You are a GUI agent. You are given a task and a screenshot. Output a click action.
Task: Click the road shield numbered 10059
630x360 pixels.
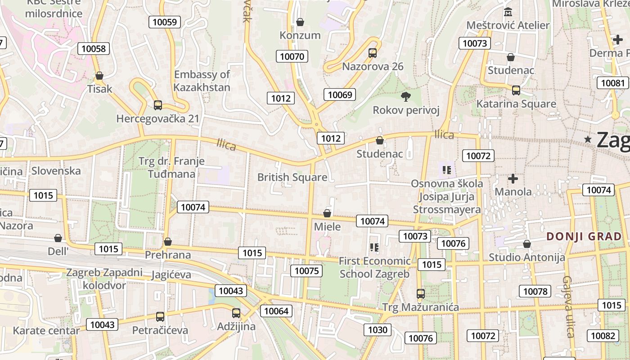tap(166, 22)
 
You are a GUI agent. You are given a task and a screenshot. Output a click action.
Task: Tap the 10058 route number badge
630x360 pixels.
tap(94, 49)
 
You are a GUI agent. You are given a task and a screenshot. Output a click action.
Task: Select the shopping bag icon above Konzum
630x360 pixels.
tap(300, 22)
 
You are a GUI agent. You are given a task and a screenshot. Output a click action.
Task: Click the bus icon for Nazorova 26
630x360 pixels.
tap(373, 53)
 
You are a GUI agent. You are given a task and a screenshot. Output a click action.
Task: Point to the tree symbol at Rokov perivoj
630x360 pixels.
tap(406, 96)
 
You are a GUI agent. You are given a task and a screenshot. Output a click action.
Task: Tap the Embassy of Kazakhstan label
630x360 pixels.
tap(202, 81)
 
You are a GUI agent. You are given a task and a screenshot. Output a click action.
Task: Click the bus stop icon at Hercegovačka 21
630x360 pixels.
tap(157, 105)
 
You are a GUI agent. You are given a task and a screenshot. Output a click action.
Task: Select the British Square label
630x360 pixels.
tap(292, 177)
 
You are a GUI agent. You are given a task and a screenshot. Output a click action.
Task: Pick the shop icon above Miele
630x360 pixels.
tap(327, 213)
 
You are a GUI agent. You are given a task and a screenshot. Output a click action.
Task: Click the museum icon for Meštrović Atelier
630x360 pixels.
tap(508, 11)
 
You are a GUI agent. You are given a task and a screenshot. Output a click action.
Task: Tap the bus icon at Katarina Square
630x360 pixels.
tap(516, 90)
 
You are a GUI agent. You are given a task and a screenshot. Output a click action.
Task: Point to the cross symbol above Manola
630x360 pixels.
tap(513, 179)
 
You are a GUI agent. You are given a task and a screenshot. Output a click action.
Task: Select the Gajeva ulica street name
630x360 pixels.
tap(568, 306)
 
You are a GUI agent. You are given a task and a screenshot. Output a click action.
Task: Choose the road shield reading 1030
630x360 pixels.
tap(378, 330)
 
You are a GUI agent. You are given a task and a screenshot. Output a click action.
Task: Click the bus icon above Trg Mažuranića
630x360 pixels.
tap(421, 294)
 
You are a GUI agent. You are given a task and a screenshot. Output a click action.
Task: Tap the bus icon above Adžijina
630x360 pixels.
tap(236, 313)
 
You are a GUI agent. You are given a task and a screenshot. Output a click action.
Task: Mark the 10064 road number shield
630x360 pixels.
tap(276, 311)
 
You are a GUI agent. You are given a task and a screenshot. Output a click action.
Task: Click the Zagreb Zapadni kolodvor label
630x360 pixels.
tap(104, 279)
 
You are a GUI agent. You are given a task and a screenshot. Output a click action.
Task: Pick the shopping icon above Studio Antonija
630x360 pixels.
tap(527, 244)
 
